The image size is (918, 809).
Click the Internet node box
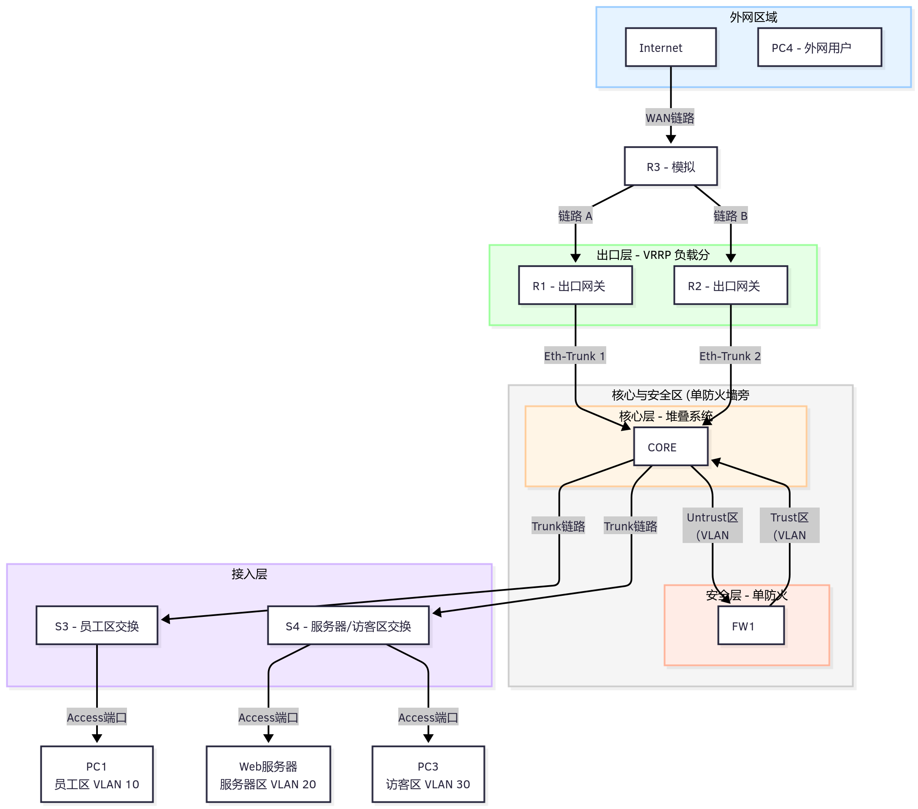[x=670, y=47]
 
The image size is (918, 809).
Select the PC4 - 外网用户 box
[x=819, y=47]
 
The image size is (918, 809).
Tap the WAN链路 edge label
[x=670, y=118]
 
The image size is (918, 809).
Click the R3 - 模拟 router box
[x=670, y=166]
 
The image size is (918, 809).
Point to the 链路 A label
[x=575, y=216]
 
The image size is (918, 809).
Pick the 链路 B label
[x=730, y=216]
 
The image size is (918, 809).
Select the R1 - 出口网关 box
[x=575, y=285]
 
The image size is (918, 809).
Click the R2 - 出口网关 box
[x=730, y=285]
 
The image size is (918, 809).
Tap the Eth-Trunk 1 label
[x=575, y=356]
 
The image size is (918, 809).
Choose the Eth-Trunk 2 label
[x=730, y=356]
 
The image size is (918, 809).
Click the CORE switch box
[x=670, y=447]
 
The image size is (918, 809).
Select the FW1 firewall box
[x=751, y=626]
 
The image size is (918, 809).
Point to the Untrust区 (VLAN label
[x=712, y=525]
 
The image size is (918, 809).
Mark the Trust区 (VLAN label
[x=789, y=525]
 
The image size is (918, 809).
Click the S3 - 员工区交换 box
[x=97, y=626]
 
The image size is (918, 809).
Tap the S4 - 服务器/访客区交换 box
[x=348, y=626]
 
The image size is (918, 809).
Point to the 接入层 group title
[x=249, y=574]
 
